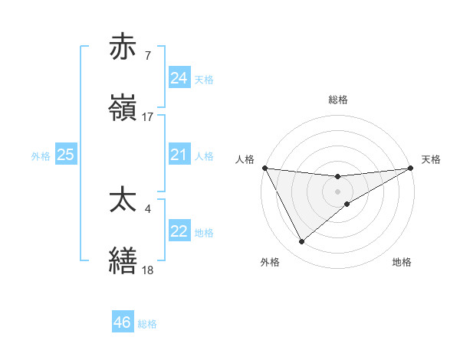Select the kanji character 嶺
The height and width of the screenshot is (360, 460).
(123, 109)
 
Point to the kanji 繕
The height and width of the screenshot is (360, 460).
(123, 261)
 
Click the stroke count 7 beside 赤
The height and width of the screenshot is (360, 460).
(147, 56)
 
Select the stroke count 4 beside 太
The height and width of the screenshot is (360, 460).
(147, 208)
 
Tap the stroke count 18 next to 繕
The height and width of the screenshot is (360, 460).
(147, 270)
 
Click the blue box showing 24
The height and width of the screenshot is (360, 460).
(179, 78)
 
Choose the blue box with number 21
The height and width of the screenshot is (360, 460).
(179, 155)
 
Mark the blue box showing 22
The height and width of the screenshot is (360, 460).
(179, 231)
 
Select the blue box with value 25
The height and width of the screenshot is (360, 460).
(65, 155)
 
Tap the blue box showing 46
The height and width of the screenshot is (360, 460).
(122, 322)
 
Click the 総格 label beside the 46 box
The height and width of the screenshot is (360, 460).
(147, 324)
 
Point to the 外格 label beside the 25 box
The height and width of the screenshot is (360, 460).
(41, 156)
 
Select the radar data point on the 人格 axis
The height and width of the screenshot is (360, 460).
(264, 168)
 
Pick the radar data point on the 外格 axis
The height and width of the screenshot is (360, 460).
(301, 242)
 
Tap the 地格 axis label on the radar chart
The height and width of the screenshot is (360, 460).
(402, 262)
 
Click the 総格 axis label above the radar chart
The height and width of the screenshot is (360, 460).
(338, 100)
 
